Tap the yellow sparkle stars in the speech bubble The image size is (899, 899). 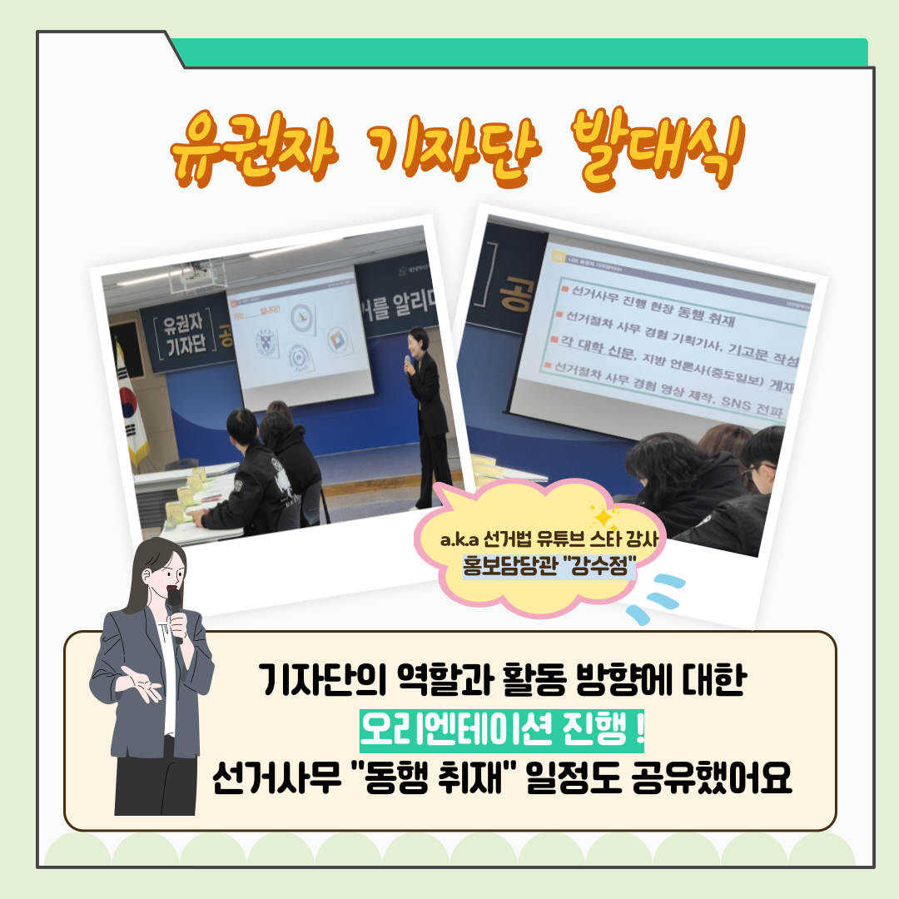click(606, 517)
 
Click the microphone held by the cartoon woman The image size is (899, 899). click(174, 607)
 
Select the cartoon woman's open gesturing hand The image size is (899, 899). click(138, 680)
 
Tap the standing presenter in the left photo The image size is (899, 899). click(428, 416)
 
